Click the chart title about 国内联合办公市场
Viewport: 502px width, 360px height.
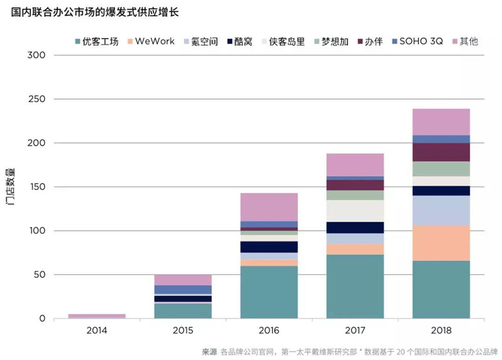click(95, 12)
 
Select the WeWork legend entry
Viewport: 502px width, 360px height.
click(151, 41)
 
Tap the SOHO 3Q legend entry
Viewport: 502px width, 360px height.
click(417, 41)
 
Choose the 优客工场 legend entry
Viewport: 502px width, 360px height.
click(97, 41)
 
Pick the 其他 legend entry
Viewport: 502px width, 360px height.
click(465, 41)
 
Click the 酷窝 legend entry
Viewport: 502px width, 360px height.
click(240, 41)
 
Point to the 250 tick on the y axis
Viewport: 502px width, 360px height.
click(37, 99)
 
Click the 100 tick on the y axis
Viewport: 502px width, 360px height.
click(38, 230)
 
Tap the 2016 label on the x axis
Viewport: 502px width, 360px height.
click(269, 330)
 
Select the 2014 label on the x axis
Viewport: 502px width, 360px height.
click(97, 330)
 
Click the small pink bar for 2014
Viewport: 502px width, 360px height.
click(97, 316)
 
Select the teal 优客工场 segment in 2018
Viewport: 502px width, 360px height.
click(441, 289)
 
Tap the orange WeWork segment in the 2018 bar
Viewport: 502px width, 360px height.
click(441, 243)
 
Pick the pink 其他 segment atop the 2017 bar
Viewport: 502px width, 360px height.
click(355, 165)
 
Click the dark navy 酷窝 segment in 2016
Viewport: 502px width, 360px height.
click(269, 247)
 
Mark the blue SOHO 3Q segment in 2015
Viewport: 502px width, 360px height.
click(183, 290)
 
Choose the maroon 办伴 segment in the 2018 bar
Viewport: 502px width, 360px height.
click(441, 152)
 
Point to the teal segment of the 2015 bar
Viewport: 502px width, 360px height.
click(183, 310)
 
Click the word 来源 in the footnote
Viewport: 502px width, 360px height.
click(210, 352)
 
